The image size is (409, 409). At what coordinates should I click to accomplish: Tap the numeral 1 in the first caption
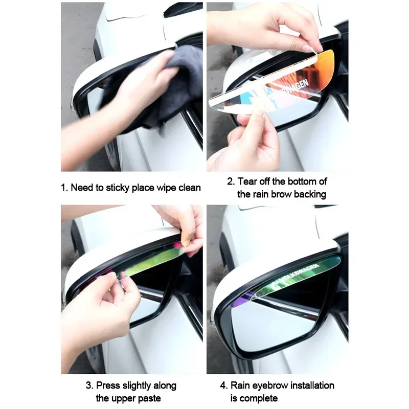coord(63,188)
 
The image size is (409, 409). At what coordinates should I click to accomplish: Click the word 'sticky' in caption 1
coord(118,188)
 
